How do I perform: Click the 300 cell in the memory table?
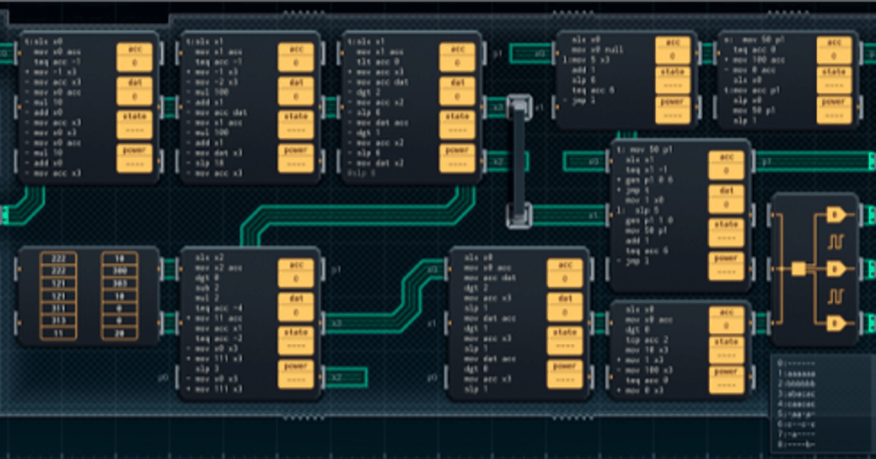(119, 270)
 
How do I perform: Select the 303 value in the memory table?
(119, 283)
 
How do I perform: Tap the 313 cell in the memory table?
(58, 321)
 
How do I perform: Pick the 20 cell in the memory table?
(119, 333)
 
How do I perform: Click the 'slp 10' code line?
(209, 163)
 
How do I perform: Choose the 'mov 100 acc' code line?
(760, 60)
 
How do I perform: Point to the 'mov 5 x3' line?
(594, 60)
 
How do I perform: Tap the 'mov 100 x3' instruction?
(647, 370)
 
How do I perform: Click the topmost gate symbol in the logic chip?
(835, 215)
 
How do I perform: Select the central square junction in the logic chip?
(798, 269)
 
